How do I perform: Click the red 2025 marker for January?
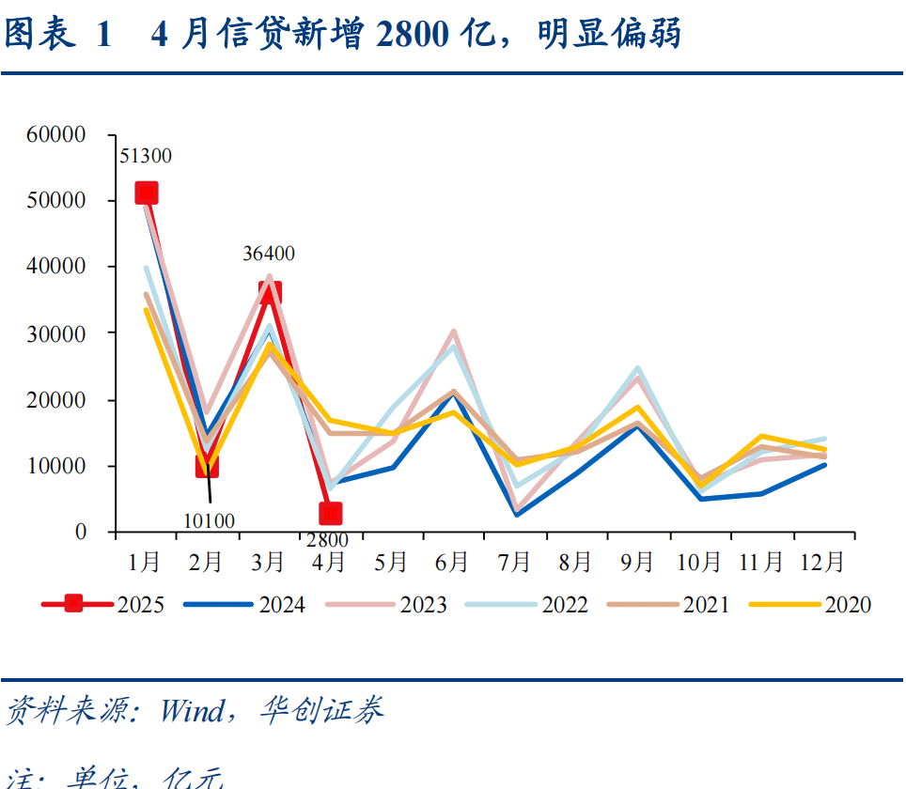[146, 193]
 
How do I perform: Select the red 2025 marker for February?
[207, 465]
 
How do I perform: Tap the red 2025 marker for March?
[270, 293]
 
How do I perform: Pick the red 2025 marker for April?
[330, 513]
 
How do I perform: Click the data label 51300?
[146, 156]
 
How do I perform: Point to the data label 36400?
[269, 253]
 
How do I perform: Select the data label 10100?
[209, 520]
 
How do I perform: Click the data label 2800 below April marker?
[327, 539]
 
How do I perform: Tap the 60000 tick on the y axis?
[56, 134]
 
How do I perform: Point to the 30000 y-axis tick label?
[56, 333]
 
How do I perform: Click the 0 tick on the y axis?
[80, 533]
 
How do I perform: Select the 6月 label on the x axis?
[452, 562]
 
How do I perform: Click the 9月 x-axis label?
[637, 562]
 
